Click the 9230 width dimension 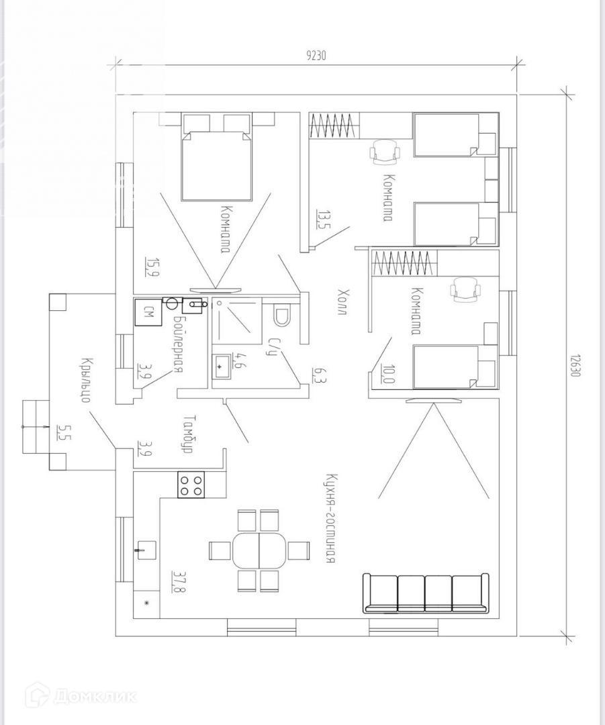tap(316, 56)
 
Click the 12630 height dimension tap(575, 366)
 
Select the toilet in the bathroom tap(282, 315)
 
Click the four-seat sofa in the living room tap(426, 593)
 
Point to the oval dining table tap(259, 550)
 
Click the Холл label tap(342, 302)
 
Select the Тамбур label tap(187, 433)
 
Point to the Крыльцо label tap(85, 380)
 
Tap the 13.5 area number tap(320, 219)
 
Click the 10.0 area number tap(385, 375)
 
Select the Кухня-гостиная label tap(330, 518)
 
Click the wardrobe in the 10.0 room tap(405, 264)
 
